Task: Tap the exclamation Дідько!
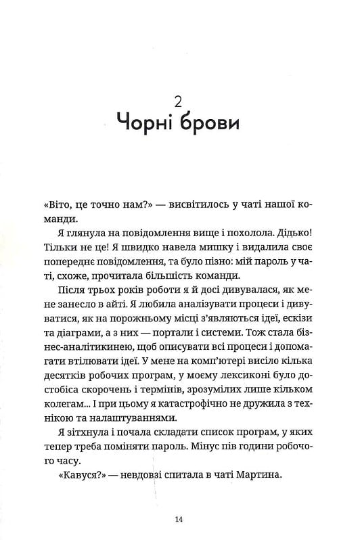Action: click(305, 232)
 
